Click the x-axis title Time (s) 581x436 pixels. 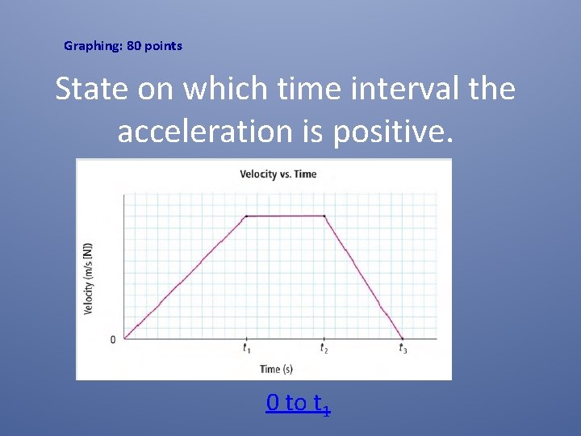(x=276, y=369)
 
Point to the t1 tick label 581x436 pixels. (x=245, y=349)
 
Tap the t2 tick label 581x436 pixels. (x=324, y=349)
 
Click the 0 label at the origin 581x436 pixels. (x=113, y=339)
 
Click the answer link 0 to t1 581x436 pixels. (x=298, y=403)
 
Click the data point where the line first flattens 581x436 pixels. (x=246, y=216)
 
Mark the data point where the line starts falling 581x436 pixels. (x=324, y=216)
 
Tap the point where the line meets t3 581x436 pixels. (x=403, y=338)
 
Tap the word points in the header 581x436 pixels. (x=164, y=46)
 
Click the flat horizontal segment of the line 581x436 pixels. (x=285, y=216)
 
